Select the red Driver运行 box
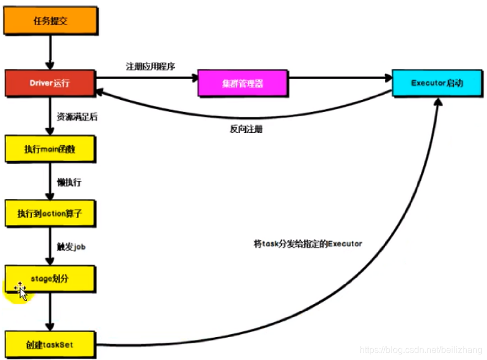pos(50,84)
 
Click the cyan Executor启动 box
pos(437,83)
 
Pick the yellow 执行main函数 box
pos(50,149)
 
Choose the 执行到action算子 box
pos(50,214)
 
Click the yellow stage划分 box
pos(50,278)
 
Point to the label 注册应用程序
pos(150,66)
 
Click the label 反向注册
pos(246,128)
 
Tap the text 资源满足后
pos(77,117)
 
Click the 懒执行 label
pos(70,183)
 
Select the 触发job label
pos(71,247)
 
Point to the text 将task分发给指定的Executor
pos(308,244)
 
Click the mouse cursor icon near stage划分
pos(20,290)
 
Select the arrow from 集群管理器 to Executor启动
pos(340,78)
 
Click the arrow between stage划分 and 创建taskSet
pos(50,311)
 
